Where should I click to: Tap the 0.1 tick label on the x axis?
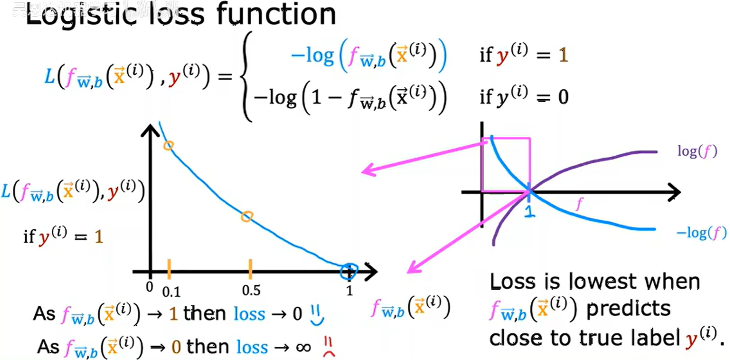click(x=171, y=292)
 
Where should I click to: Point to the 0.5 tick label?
click(x=251, y=290)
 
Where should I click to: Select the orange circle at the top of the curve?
click(x=169, y=145)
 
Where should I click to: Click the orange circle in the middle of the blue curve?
click(x=247, y=217)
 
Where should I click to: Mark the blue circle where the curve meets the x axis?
click(x=349, y=271)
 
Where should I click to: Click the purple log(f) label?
click(x=697, y=151)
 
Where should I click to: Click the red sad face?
click(x=328, y=347)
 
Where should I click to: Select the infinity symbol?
click(x=303, y=348)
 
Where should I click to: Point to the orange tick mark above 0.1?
click(x=169, y=269)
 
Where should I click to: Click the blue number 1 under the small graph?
click(x=530, y=210)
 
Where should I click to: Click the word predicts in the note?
click(x=628, y=309)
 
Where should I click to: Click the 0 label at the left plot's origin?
click(x=150, y=287)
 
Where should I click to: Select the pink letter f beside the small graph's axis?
click(x=580, y=204)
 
